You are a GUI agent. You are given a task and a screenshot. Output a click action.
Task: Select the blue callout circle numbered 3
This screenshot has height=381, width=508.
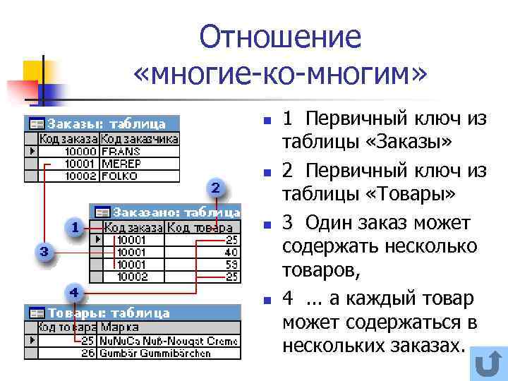pyautogui.click(x=44, y=250)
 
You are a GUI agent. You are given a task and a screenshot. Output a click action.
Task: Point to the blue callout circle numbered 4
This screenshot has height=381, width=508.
pyautogui.click(x=74, y=291)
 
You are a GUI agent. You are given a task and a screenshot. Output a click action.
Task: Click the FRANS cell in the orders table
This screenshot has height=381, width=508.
pyautogui.click(x=121, y=151)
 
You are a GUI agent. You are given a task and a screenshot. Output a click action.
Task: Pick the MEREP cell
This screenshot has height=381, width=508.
pyautogui.click(x=121, y=163)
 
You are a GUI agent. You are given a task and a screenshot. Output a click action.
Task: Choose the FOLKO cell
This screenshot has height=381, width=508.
pyautogui.click(x=121, y=175)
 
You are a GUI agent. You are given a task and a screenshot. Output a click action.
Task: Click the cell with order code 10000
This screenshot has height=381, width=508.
pyautogui.click(x=79, y=151)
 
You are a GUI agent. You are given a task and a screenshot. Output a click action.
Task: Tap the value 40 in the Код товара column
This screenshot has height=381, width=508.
pyautogui.click(x=231, y=252)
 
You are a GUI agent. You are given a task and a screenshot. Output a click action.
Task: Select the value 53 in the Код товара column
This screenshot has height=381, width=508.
pyautogui.click(x=231, y=264)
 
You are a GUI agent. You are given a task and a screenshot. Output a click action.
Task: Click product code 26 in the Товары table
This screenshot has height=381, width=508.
pyautogui.click(x=87, y=352)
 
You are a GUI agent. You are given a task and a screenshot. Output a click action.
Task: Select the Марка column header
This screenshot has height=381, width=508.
pyautogui.click(x=120, y=327)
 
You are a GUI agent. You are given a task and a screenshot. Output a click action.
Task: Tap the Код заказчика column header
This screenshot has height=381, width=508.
pyautogui.click(x=140, y=139)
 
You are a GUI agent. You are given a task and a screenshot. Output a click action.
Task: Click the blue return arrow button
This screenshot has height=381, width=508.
pyautogui.click(x=486, y=364)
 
